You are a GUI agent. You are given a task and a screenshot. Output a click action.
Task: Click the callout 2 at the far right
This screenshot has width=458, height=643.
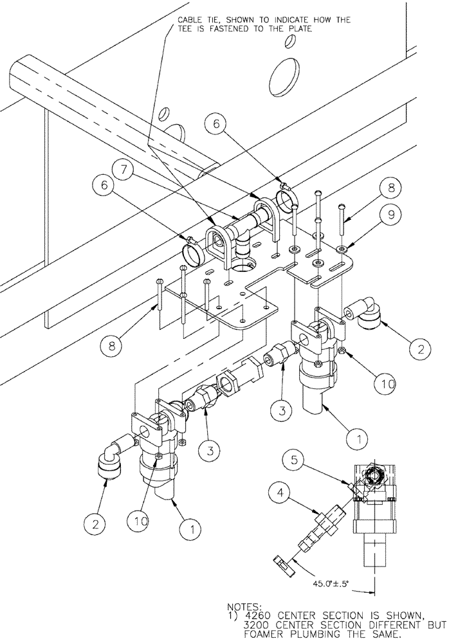coord(419,350)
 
